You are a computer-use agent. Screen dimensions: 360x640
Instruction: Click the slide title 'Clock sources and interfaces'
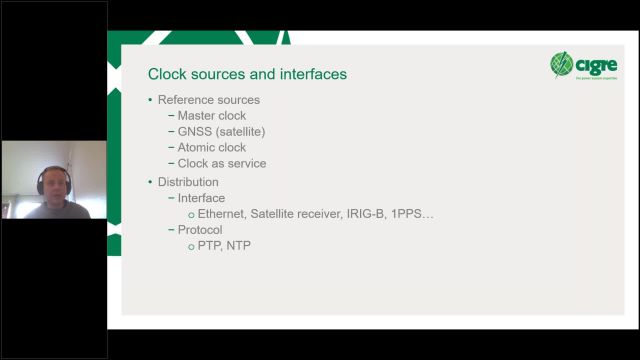pyautogui.click(x=247, y=74)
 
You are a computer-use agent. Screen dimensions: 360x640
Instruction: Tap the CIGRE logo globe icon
pyautogui.click(x=563, y=65)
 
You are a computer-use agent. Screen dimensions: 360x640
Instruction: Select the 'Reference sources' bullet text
pyautogui.click(x=209, y=100)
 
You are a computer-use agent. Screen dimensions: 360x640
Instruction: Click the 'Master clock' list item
pyautogui.click(x=212, y=116)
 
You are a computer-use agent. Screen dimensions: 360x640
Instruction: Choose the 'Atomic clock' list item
pyautogui.click(x=212, y=148)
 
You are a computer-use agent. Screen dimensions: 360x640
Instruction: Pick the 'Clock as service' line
pyautogui.click(x=222, y=164)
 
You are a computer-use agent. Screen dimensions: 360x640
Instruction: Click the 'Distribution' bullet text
pyautogui.click(x=188, y=182)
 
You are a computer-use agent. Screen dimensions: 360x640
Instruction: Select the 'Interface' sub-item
pyautogui.click(x=201, y=198)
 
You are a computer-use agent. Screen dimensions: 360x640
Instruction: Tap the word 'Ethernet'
pyautogui.click(x=221, y=214)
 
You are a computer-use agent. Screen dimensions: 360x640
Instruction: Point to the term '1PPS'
pyautogui.click(x=410, y=214)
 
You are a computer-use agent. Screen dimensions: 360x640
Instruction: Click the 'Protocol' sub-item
pyautogui.click(x=200, y=230)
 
